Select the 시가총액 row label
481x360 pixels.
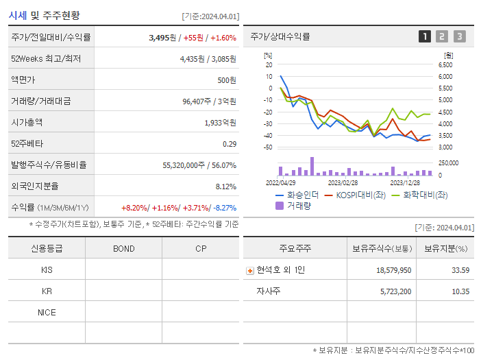pos(27,123)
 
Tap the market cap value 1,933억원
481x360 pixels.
pos(220,123)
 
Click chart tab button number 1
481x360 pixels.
pos(425,36)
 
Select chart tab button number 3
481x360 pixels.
pos(459,36)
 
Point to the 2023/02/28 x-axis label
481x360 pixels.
pos(343,183)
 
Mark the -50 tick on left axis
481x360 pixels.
pos(268,147)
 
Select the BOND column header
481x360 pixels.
pos(123,248)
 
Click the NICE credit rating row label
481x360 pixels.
pos(47,312)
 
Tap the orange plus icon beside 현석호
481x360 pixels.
pos(250,270)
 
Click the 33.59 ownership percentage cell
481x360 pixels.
pos(460,270)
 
